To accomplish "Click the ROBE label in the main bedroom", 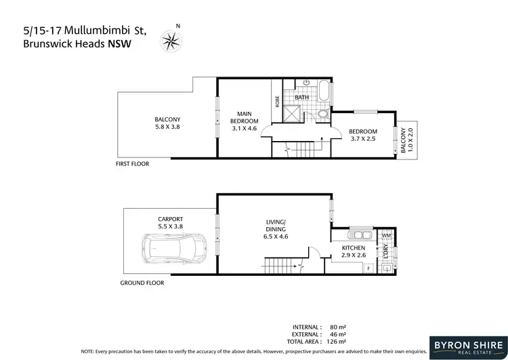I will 277,101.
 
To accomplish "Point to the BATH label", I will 302,98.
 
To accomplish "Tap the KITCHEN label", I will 354,248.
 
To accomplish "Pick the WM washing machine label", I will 386,236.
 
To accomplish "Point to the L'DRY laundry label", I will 385,252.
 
